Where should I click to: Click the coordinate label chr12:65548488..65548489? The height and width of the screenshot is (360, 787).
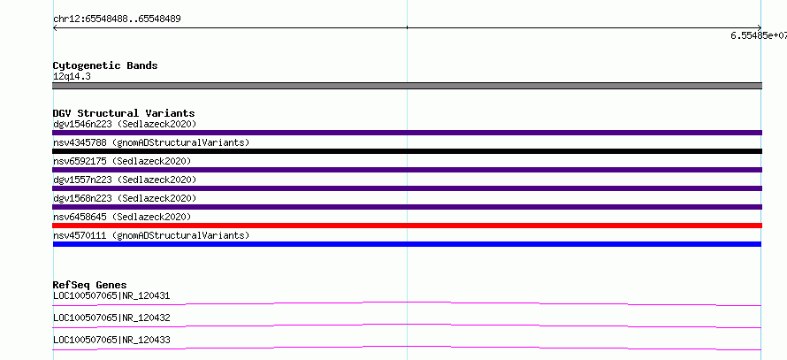tap(117, 19)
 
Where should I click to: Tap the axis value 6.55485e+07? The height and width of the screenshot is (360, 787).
tap(759, 35)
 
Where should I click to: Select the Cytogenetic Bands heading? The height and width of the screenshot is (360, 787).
tap(105, 65)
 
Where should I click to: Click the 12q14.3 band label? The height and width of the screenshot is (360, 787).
tap(72, 76)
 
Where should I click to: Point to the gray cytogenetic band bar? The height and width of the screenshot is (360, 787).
tap(407, 86)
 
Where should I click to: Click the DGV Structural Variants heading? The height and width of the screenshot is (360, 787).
tap(124, 113)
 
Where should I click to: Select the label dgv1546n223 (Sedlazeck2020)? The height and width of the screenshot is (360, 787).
tap(125, 124)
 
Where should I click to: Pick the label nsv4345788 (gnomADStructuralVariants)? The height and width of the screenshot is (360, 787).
tap(151, 142)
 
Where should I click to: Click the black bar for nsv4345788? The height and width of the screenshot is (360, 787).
tap(407, 151)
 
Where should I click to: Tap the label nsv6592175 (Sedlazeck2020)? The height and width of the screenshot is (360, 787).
tap(122, 161)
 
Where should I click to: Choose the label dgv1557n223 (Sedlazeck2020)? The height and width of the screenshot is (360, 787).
tap(125, 180)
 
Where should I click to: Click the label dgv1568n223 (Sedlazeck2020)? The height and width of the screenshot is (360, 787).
tap(125, 198)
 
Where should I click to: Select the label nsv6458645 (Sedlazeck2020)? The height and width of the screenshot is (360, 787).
tap(122, 217)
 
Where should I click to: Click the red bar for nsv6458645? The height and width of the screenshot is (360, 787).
tap(407, 226)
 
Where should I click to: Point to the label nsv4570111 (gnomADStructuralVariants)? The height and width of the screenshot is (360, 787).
tap(151, 235)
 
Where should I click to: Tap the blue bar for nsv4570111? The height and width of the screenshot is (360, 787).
tap(407, 244)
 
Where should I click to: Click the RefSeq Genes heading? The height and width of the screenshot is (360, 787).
tap(90, 285)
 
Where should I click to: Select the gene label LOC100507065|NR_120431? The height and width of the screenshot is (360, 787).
tap(111, 295)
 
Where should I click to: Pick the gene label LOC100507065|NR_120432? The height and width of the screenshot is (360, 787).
tap(111, 318)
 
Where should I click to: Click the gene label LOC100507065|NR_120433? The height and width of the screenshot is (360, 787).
tap(111, 340)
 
